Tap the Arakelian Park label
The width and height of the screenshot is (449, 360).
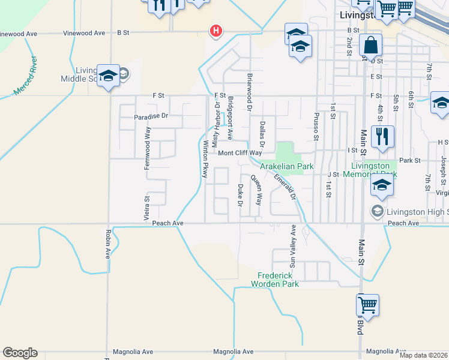(x=287, y=166)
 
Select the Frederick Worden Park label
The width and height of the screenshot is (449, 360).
(x=275, y=280)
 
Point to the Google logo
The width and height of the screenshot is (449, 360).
(x=20, y=353)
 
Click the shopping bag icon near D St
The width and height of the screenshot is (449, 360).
(x=371, y=46)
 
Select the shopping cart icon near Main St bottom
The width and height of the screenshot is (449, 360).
(x=367, y=305)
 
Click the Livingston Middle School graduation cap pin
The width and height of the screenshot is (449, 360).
(x=108, y=76)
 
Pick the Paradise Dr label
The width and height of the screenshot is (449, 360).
(x=151, y=116)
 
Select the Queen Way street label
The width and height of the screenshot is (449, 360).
(x=256, y=190)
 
